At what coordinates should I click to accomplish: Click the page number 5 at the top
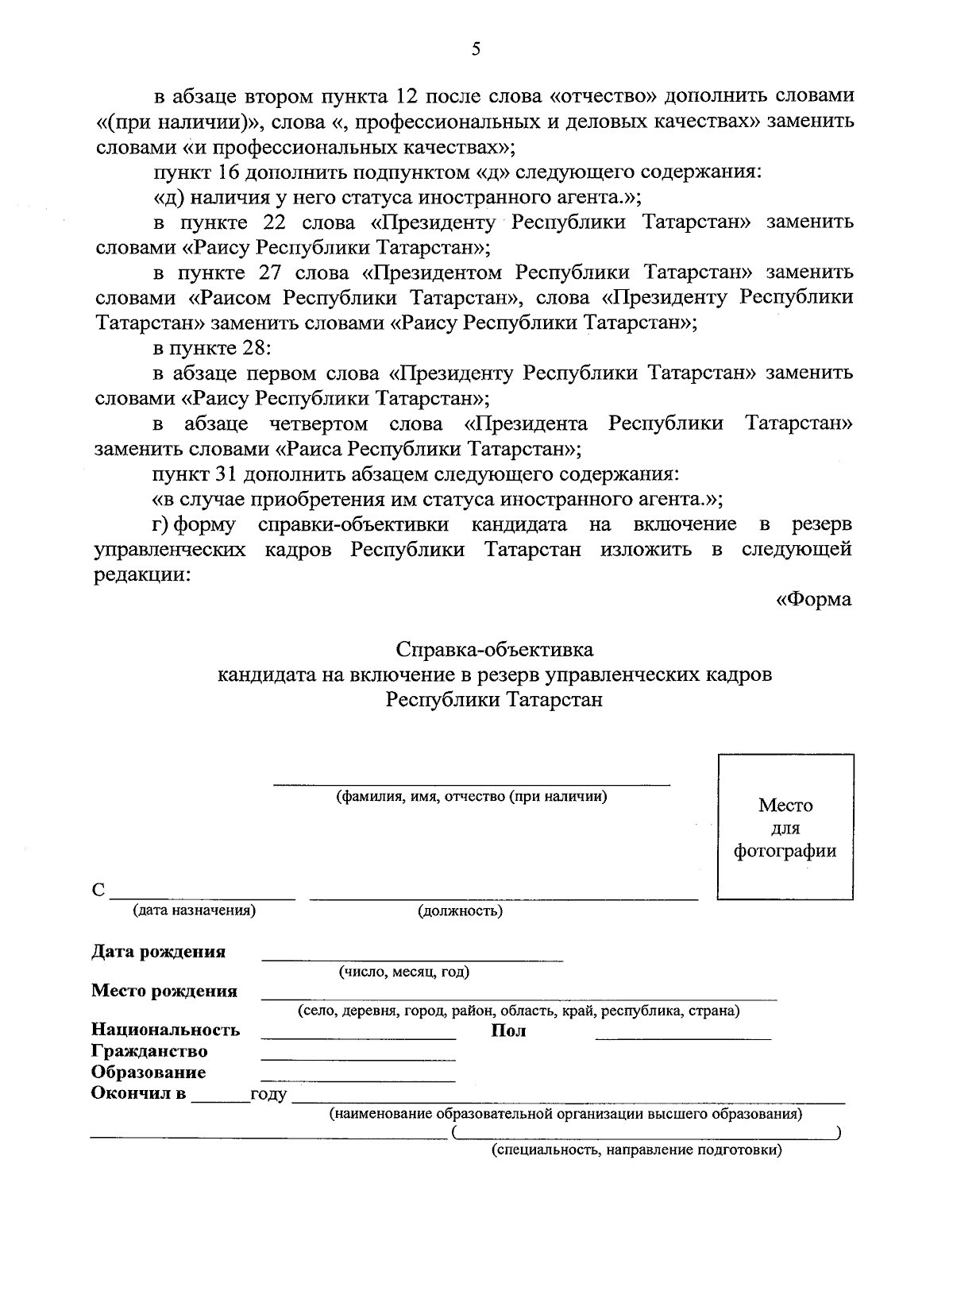click(476, 49)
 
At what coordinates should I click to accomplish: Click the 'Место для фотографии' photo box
click(785, 827)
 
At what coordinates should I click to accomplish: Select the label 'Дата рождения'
click(159, 952)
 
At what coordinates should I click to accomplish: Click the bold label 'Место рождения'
click(164, 991)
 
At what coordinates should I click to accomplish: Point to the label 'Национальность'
click(165, 1030)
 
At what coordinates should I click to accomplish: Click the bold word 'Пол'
click(509, 1031)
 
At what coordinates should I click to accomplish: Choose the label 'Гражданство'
click(149, 1051)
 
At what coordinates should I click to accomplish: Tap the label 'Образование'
click(149, 1073)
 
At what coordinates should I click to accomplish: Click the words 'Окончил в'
click(139, 1094)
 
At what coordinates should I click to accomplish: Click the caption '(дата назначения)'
click(195, 910)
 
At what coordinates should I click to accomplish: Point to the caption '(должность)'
click(461, 911)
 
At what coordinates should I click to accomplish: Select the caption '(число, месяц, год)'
click(404, 972)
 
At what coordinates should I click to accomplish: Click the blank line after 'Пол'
click(683, 1038)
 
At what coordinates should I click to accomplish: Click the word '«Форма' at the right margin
click(813, 600)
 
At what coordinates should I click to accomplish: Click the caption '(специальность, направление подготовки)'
click(636, 1150)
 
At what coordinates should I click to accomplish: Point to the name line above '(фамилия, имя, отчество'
click(472, 783)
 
